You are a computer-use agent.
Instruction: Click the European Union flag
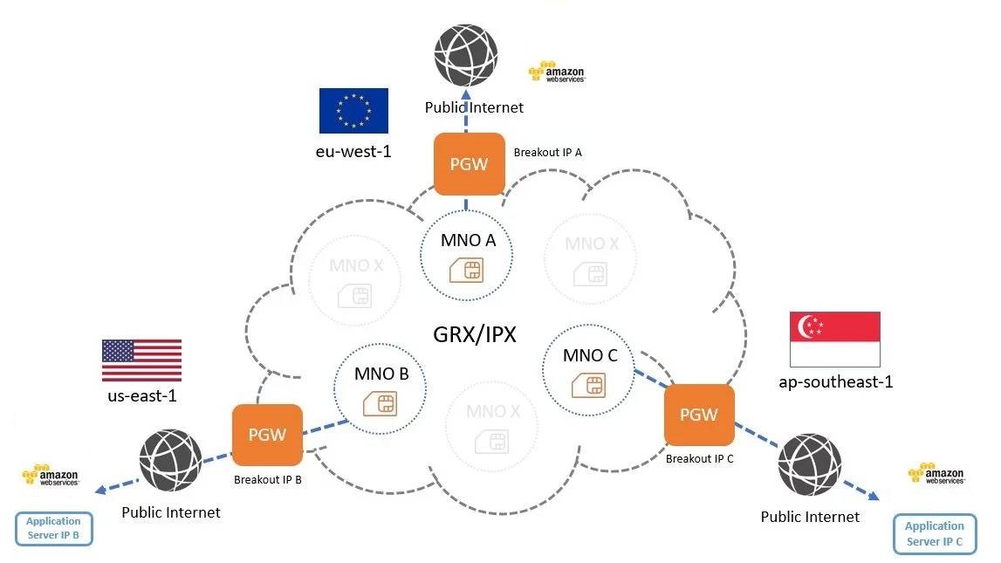pos(353,111)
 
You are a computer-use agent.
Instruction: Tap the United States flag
pos(141,360)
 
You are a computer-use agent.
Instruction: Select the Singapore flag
pos(834,339)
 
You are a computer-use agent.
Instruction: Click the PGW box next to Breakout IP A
pos(469,163)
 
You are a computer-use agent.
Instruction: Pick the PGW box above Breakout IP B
pos(267,435)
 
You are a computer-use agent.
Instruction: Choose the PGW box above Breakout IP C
pos(699,415)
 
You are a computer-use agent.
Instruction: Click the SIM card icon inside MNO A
pos(466,270)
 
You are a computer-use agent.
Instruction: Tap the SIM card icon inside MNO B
pos(380,403)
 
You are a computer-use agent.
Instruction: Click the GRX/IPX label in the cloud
pos(475,334)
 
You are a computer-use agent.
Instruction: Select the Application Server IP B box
pos(53,528)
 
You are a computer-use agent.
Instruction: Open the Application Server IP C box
pos(934,533)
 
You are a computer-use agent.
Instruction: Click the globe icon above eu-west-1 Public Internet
pos(467,54)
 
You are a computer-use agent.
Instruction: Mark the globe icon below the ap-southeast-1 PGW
pos(810,465)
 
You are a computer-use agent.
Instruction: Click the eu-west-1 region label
pos(353,151)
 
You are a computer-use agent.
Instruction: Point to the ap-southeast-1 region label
pos(835,381)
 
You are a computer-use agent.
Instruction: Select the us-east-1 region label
pos(141,397)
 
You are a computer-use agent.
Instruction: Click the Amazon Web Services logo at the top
pos(556,72)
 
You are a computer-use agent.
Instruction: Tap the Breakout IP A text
pos(547,152)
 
